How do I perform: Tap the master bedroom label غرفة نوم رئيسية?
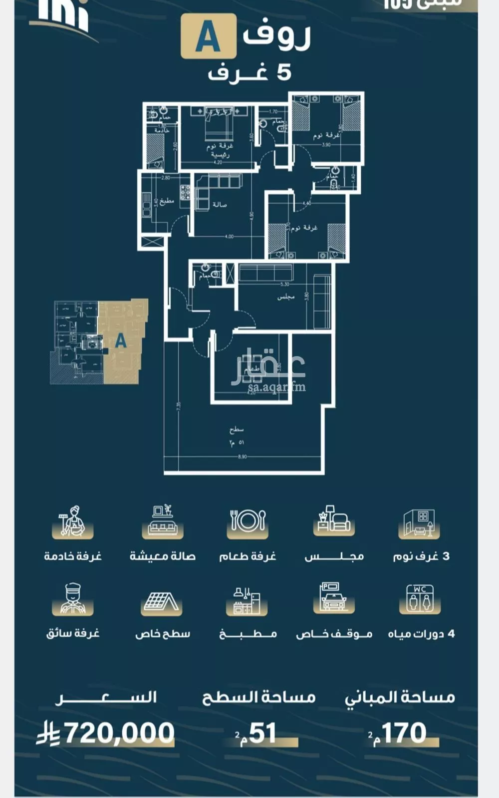coord(220,150)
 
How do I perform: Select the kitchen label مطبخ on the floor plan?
coord(166,202)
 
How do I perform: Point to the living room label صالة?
coord(220,205)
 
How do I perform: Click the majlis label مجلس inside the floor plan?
coord(286,297)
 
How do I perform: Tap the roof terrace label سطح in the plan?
coord(237,429)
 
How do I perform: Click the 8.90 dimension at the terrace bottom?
coord(242,456)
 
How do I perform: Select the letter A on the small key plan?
coord(121,341)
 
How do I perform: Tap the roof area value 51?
coord(262,733)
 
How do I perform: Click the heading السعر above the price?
coord(106,697)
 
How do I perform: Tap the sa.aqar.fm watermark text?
coord(276,387)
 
